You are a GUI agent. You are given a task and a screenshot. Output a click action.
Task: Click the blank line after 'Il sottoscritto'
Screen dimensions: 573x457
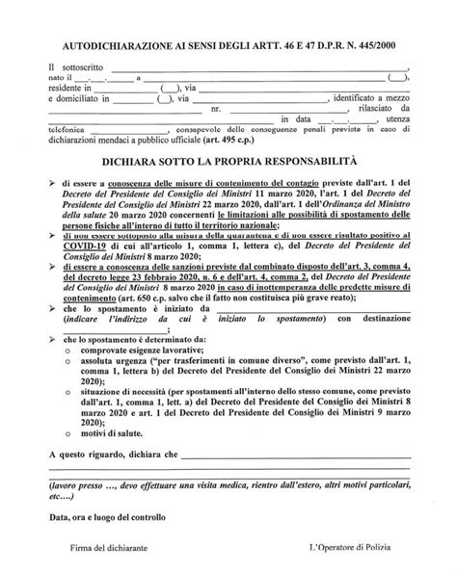(260, 68)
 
